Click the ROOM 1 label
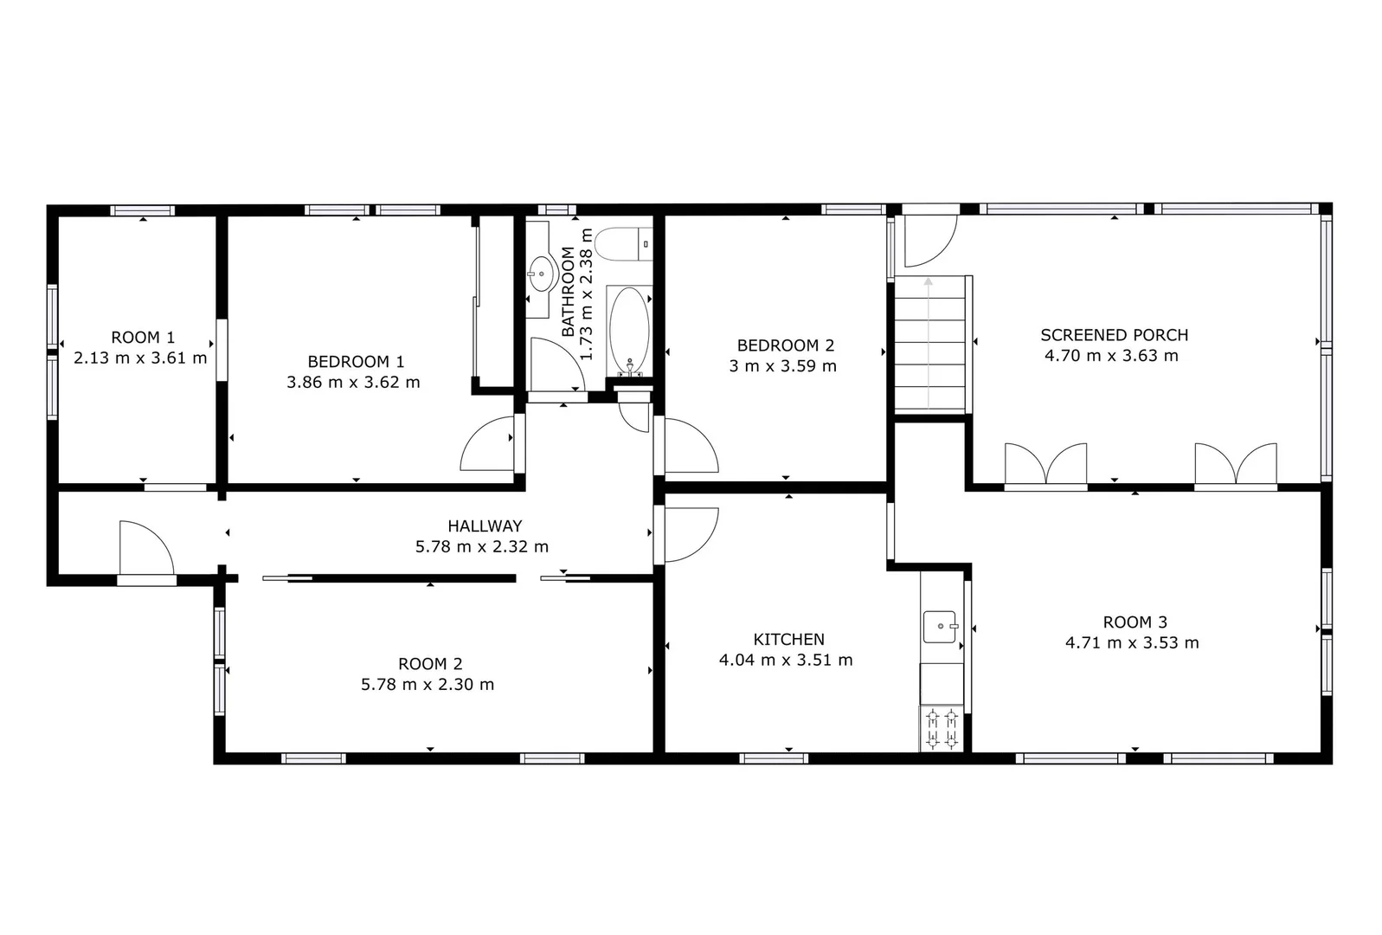pyautogui.click(x=143, y=338)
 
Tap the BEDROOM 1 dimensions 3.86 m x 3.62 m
pyautogui.click(x=353, y=383)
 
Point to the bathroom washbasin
pyautogui.click(x=542, y=273)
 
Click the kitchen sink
pyautogui.click(x=940, y=626)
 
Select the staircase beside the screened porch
pyautogui.click(x=929, y=344)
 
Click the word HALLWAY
pyautogui.click(x=485, y=526)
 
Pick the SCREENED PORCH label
pyautogui.click(x=1114, y=335)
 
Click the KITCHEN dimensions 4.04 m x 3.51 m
pyautogui.click(x=786, y=661)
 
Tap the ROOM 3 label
pyautogui.click(x=1135, y=622)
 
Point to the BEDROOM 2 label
pyautogui.click(x=785, y=345)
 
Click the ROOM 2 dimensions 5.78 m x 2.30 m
pyautogui.click(x=427, y=685)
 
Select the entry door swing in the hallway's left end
pyautogui.click(x=145, y=547)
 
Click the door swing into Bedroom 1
pyautogui.click(x=490, y=444)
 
